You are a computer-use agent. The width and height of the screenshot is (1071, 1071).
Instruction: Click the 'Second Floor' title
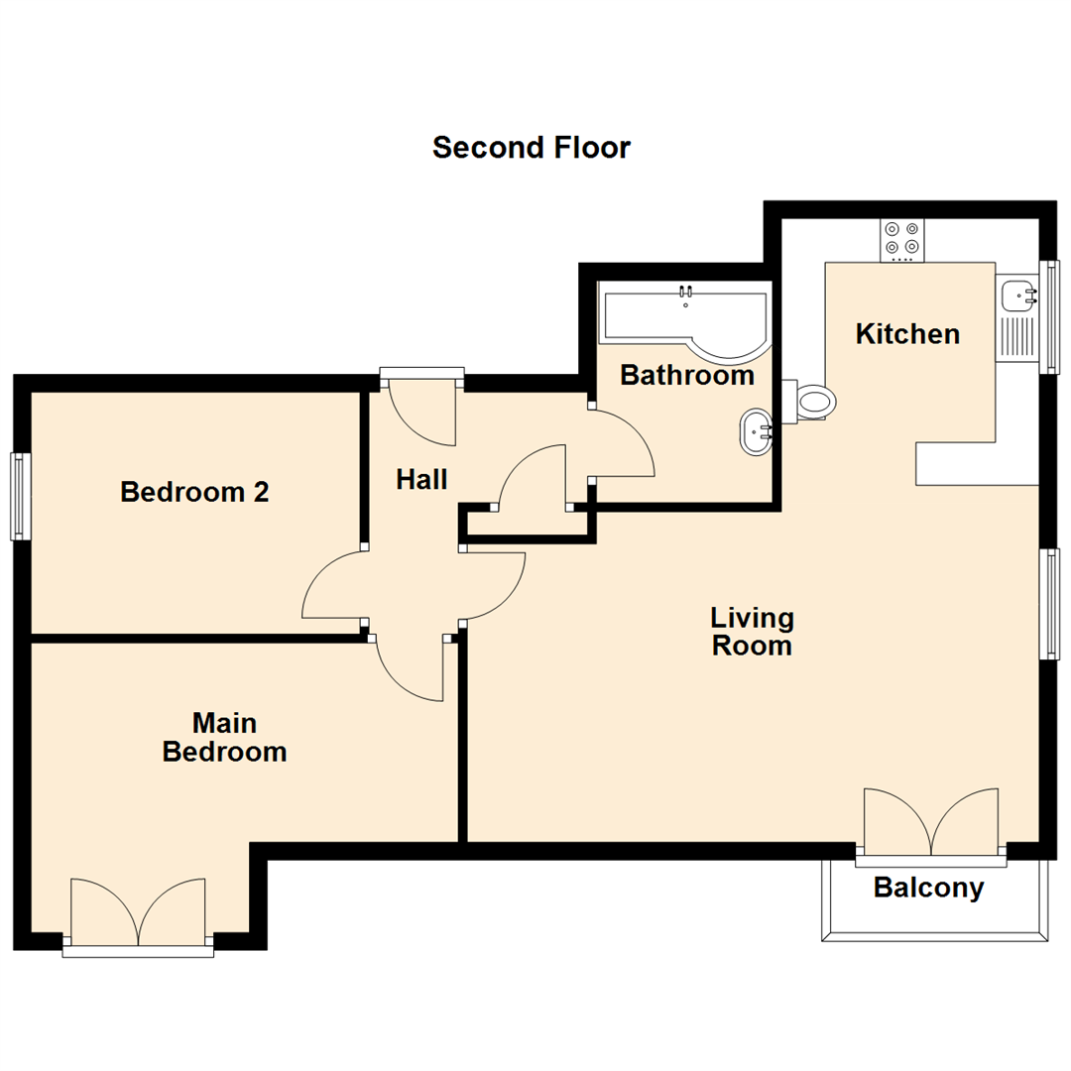coord(531,148)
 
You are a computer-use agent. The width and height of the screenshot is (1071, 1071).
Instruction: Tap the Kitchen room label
coord(907,334)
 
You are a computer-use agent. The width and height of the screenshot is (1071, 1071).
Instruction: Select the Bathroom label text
coord(686,376)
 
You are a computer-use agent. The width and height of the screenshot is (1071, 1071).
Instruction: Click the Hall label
coord(421,480)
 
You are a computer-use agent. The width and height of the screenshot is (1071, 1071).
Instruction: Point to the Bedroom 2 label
coord(194,492)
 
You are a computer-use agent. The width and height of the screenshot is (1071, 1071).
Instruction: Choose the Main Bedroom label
coord(224,737)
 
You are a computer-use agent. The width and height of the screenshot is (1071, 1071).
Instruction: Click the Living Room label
coord(752,632)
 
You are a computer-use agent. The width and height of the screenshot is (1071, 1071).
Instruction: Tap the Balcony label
coord(928,888)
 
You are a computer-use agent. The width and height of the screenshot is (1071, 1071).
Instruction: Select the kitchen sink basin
coord(1015,296)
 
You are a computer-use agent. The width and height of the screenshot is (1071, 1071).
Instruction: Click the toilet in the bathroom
coord(811,402)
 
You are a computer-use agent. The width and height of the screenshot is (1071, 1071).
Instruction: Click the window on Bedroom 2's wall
coord(20,496)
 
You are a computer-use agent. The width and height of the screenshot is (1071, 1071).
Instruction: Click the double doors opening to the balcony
coord(931,823)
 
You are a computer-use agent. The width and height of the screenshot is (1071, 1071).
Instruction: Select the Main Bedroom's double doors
coord(138,912)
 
